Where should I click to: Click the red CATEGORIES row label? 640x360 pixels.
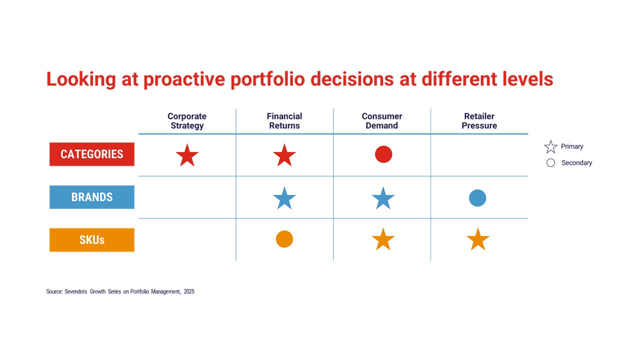(x=92, y=154)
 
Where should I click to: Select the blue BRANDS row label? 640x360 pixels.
(x=92, y=197)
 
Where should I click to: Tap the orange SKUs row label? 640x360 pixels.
(x=92, y=240)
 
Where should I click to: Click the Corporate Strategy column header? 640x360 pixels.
(x=187, y=121)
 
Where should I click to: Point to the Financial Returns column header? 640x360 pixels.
(x=284, y=121)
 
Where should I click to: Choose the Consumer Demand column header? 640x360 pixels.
(x=382, y=121)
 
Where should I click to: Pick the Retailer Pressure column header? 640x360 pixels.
(x=479, y=121)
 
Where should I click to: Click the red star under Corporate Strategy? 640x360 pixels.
(x=187, y=155)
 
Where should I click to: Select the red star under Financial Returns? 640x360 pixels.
(x=284, y=155)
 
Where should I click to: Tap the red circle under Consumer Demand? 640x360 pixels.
(x=383, y=154)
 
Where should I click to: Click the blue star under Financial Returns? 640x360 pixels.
(x=284, y=198)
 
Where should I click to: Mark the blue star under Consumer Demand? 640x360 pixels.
(x=383, y=198)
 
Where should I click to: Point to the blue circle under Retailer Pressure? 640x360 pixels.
(x=477, y=198)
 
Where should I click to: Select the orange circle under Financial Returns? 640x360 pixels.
(x=284, y=239)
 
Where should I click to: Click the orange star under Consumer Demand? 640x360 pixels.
(x=383, y=239)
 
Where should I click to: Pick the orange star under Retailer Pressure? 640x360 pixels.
(x=477, y=239)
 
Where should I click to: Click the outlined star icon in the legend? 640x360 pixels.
(x=550, y=147)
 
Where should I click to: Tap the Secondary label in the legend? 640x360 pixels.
(x=576, y=163)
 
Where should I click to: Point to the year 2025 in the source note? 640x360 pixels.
(x=188, y=291)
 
